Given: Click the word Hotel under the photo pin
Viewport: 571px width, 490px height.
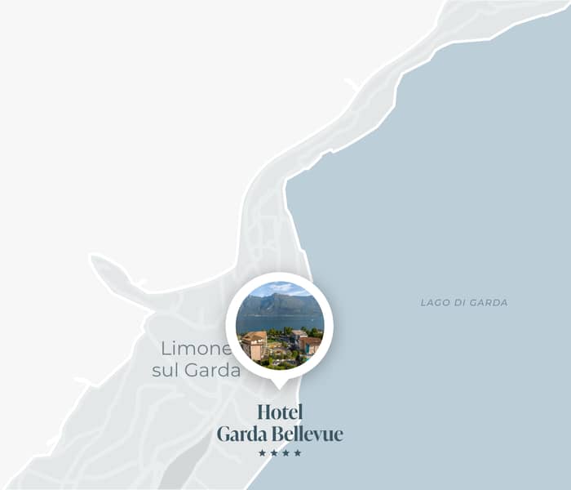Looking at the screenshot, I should pyautogui.click(x=280, y=412).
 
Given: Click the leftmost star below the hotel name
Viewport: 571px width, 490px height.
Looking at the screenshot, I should pyautogui.click(x=262, y=453).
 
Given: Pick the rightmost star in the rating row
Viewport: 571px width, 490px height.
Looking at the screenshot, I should pyautogui.click(x=298, y=453).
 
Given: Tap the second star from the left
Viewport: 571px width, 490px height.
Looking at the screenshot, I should pyautogui.click(x=274, y=453).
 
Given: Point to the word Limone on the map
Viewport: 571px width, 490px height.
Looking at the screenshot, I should pyautogui.click(x=196, y=349).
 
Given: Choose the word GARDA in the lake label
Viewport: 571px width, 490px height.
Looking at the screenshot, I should pyautogui.click(x=489, y=303).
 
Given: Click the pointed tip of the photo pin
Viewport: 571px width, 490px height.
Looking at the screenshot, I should pyautogui.click(x=279, y=386).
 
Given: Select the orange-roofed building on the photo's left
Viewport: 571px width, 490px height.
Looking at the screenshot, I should pyautogui.click(x=254, y=345).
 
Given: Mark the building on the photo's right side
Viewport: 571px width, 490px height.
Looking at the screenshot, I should pyautogui.click(x=309, y=343).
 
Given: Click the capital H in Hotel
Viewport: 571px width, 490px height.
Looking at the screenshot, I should pyautogui.click(x=263, y=412).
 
